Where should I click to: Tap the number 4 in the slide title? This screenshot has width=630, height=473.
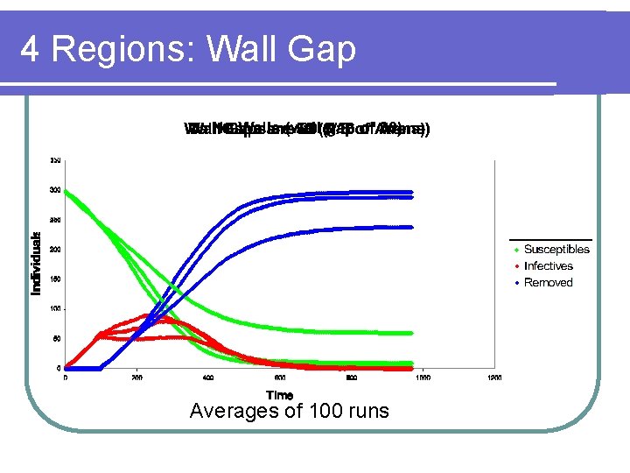coord(29,49)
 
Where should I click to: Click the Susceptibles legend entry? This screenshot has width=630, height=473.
coord(556,250)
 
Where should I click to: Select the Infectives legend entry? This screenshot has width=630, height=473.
coord(548,266)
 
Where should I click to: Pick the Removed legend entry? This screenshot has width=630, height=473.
coord(548,283)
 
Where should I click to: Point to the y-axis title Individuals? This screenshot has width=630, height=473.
coord(37,263)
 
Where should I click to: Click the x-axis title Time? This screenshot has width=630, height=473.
coord(279,396)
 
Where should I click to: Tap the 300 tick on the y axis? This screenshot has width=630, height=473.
coord(55,190)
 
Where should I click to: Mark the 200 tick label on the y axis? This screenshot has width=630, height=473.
coord(55,250)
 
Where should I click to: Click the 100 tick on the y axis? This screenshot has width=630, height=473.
coord(55,309)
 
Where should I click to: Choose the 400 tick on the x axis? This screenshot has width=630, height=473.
coord(208,378)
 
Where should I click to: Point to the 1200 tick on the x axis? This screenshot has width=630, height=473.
coord(494,378)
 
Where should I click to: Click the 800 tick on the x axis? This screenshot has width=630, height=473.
coord(351,378)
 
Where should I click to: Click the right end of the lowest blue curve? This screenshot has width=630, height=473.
coord(411,227)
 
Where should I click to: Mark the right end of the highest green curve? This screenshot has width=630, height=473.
coord(411,333)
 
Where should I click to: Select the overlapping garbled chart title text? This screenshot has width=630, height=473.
coord(306,130)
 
